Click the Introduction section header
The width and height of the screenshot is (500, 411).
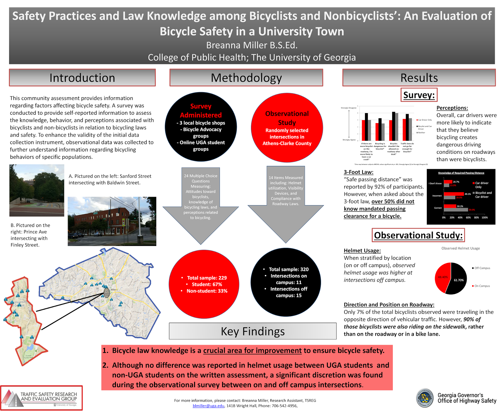(x=82, y=78)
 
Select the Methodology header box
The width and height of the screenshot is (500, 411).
(x=246, y=78)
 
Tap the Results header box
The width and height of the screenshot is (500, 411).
(x=419, y=78)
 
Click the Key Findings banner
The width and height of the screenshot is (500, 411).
(x=252, y=331)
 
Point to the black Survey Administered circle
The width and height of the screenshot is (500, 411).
(x=201, y=127)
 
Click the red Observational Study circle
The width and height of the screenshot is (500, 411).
(x=287, y=128)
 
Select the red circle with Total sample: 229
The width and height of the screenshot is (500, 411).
(x=204, y=284)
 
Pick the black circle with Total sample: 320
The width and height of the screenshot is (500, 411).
(x=286, y=282)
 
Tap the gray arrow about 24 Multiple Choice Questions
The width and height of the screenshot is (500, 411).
(x=201, y=206)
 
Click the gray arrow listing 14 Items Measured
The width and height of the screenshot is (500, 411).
(x=286, y=203)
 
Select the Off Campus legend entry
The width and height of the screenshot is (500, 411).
(x=481, y=268)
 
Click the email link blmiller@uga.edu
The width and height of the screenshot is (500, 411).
(x=208, y=406)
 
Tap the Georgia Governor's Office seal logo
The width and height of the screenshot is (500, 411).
(x=425, y=398)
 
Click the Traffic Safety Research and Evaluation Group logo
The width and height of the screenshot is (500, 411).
(x=42, y=398)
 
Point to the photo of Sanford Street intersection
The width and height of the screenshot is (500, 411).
(x=37, y=190)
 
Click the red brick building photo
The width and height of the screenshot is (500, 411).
(x=112, y=221)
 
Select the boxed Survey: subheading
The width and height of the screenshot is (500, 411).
(x=419, y=95)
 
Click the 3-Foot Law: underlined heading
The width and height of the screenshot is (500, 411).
(x=358, y=172)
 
